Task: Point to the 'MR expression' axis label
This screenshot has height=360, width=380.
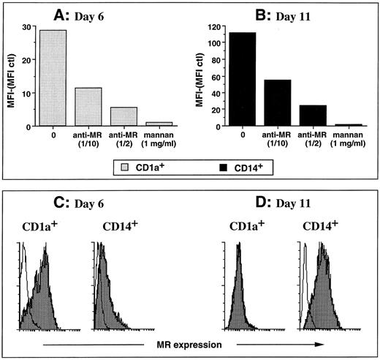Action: [189, 342]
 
